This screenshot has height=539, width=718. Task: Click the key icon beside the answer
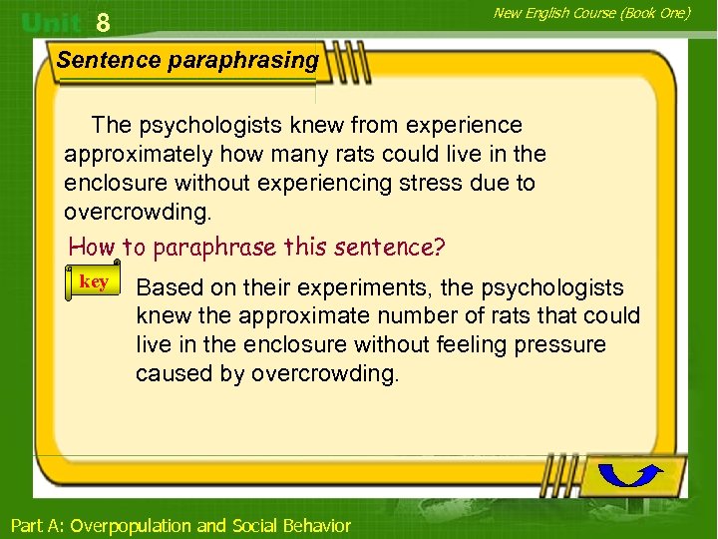point(93,282)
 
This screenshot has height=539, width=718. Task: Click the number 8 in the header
point(103,22)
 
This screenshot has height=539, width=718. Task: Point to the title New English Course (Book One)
point(592,12)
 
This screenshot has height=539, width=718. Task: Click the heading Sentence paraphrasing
point(187,60)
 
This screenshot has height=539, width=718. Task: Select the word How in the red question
point(92,246)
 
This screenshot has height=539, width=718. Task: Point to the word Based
point(166,288)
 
